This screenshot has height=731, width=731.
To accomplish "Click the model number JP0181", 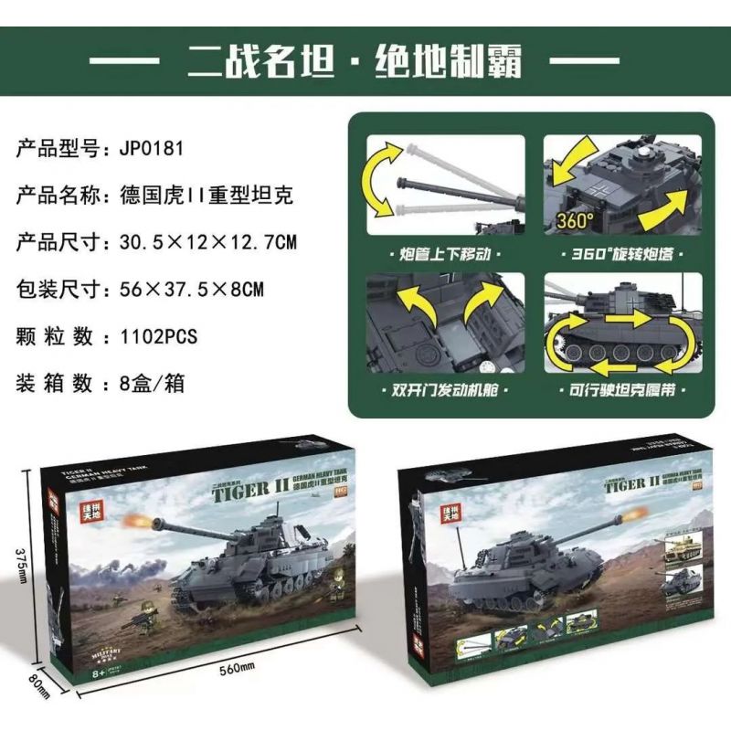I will click(x=159, y=147).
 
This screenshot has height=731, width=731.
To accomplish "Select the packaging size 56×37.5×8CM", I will click(x=192, y=290).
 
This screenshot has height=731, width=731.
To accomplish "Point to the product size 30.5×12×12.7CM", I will click(x=207, y=242).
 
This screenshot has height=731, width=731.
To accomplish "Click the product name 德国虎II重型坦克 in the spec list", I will click(x=207, y=195).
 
